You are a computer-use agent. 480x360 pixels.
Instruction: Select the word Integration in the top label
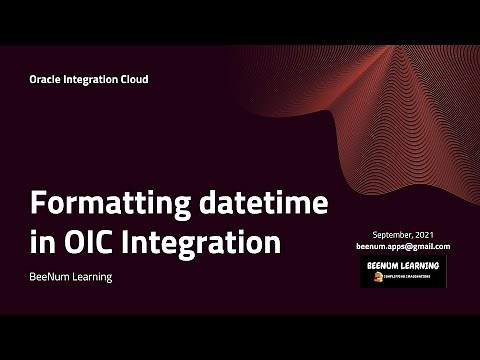[94, 79]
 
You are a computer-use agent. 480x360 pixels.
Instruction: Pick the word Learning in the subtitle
[92, 276]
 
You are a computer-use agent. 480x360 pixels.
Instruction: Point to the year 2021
[430, 233]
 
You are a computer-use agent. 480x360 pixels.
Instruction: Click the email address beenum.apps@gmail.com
[403, 246]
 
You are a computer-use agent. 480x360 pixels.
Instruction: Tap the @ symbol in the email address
[412, 246]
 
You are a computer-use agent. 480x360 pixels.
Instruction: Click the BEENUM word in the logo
[383, 265]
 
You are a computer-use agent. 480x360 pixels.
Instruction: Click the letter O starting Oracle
[33, 79]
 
